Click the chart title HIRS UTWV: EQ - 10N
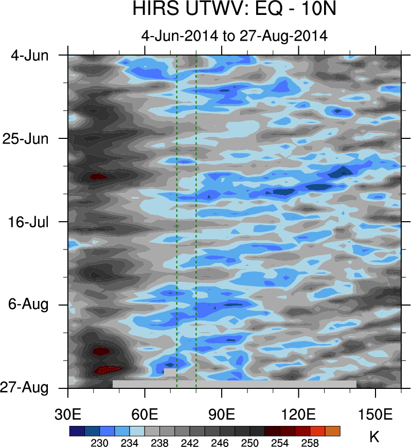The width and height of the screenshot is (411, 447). tap(234, 9)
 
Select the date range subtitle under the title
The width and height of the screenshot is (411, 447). tap(234, 35)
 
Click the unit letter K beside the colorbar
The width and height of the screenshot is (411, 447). tap(374, 437)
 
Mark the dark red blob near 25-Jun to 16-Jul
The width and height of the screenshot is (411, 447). tap(98, 177)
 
